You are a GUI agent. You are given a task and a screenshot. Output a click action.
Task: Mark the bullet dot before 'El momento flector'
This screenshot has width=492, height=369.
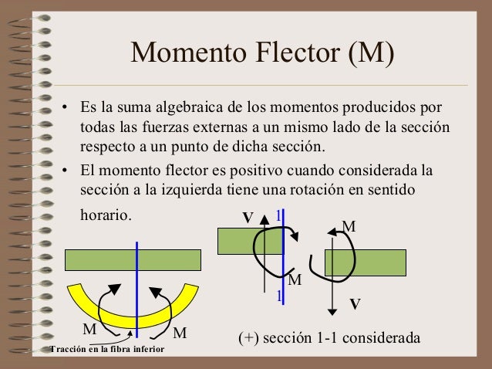(x=66, y=169)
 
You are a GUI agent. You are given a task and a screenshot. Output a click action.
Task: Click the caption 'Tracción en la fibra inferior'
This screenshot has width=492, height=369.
(x=106, y=350)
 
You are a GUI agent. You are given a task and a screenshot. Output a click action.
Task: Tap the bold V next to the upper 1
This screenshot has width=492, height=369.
(x=248, y=218)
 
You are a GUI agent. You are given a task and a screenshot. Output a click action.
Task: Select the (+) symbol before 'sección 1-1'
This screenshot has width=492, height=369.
(x=249, y=338)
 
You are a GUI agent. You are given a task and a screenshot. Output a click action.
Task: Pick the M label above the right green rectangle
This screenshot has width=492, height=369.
(x=349, y=228)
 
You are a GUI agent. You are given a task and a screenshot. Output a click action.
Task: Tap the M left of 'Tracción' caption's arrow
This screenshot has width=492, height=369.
(x=89, y=328)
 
